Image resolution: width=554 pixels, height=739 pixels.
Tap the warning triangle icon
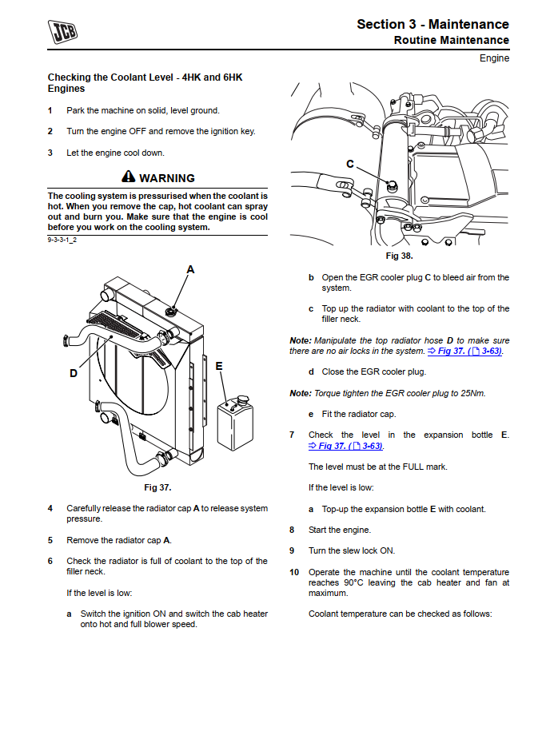point(129,177)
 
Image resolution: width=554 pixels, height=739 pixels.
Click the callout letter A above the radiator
point(190,269)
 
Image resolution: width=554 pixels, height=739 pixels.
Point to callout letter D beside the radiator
point(74,373)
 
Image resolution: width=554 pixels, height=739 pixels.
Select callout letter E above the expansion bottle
point(218,367)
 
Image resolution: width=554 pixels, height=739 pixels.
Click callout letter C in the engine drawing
point(350,164)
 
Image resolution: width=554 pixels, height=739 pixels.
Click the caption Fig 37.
point(157,487)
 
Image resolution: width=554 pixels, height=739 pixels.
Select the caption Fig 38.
point(399,256)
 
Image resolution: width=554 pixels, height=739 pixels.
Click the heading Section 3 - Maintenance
point(432,24)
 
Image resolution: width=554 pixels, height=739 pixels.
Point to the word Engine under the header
point(494,58)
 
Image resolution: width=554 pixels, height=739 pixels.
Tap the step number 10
point(293,572)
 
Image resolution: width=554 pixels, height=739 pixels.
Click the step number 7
point(292,435)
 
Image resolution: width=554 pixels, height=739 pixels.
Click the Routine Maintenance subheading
point(451,40)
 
